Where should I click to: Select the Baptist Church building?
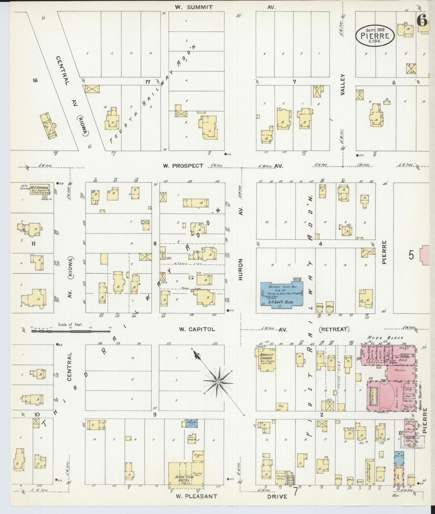click(266, 358)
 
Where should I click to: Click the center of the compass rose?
click(218, 382)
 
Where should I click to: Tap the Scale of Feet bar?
click(71, 331)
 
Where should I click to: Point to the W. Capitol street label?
click(197, 329)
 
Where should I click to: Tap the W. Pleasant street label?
click(196, 496)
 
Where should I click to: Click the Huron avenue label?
click(240, 269)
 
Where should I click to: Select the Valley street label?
click(343, 85)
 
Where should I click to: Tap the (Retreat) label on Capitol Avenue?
click(334, 329)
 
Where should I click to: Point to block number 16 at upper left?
click(35, 80)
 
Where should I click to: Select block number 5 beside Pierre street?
click(411, 255)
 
